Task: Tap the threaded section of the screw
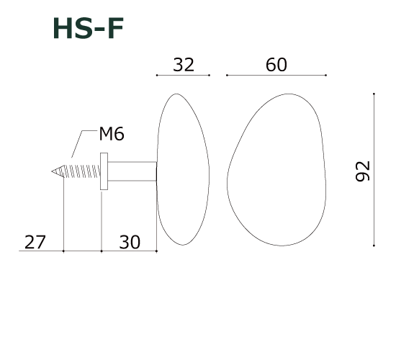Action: (78, 172)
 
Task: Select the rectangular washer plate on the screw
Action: (104, 171)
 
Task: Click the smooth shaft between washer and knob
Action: (132, 171)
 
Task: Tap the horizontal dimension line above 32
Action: (183, 75)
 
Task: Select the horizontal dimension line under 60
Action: (276, 75)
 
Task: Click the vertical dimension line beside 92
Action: (374, 170)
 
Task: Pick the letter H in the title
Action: (63, 28)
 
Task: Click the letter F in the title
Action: (114, 28)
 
